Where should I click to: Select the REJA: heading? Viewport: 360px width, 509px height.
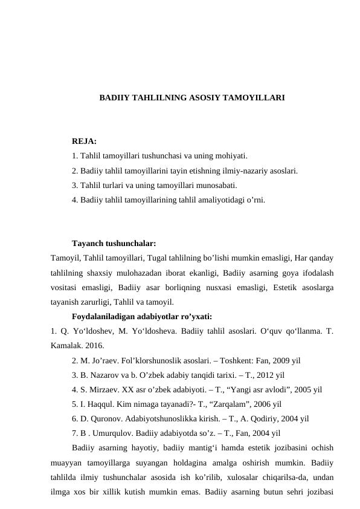click(x=84, y=141)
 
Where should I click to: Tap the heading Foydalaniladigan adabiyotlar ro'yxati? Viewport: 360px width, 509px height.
click(x=141, y=316)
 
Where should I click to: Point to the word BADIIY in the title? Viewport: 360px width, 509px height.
click(x=115, y=97)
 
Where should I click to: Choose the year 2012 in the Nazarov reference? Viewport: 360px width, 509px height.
click(x=261, y=376)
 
